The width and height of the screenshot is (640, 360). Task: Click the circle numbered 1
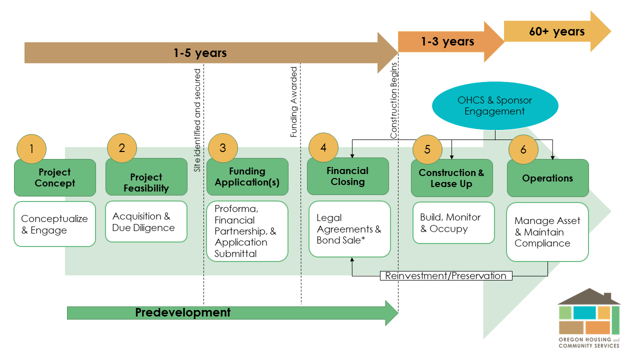[x=31, y=148]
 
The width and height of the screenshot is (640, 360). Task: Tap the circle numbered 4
[x=323, y=148]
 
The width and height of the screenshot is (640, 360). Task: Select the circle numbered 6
[x=523, y=149]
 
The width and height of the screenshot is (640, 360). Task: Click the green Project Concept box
[x=55, y=178]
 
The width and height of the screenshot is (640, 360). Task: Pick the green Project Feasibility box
[x=146, y=183]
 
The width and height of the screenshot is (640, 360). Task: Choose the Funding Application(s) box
[x=247, y=177]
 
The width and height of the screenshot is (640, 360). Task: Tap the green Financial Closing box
[x=347, y=176]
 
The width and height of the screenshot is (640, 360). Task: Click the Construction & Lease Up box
[x=451, y=178]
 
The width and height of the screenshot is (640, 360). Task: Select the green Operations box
[x=547, y=178]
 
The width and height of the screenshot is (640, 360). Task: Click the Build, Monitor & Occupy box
[x=453, y=223]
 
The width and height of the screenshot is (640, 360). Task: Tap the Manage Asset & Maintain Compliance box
[x=547, y=232]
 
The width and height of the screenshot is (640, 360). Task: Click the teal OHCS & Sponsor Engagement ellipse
[x=494, y=105]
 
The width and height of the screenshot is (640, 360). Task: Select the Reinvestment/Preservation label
[x=445, y=275]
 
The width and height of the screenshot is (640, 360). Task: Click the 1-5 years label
[x=200, y=52]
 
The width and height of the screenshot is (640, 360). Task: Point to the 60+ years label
[x=556, y=31]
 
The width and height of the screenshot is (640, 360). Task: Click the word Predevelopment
[x=183, y=312]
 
